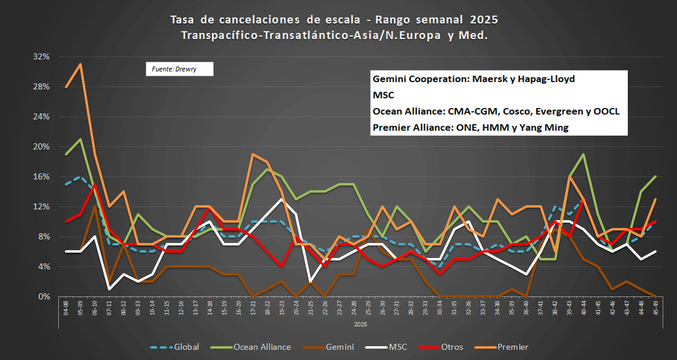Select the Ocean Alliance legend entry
tap(252, 347)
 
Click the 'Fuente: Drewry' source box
tap(179, 69)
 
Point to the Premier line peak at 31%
tap(80, 64)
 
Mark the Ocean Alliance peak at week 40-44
tap(583, 154)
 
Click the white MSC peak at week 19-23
tap(281, 199)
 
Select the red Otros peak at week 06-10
tap(95, 184)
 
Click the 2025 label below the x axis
tap(360, 324)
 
